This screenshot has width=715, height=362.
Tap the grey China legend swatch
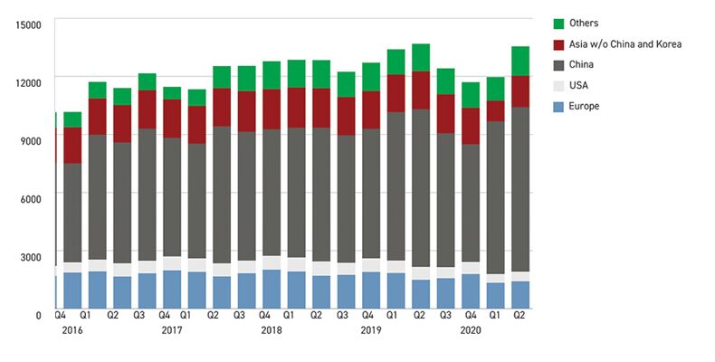click(559, 65)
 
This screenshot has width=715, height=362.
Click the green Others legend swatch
click(559, 24)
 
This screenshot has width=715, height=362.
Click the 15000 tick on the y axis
click(29, 24)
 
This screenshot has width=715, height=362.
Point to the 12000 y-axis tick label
click(29, 82)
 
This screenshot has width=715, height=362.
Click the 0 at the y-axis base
click(39, 315)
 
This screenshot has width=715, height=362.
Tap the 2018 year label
click(272, 331)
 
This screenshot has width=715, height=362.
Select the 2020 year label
click(470, 331)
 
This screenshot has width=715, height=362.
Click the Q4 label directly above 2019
click(368, 316)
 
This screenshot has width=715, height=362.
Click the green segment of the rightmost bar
click(520, 61)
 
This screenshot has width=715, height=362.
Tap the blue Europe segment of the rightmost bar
click(520, 294)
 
